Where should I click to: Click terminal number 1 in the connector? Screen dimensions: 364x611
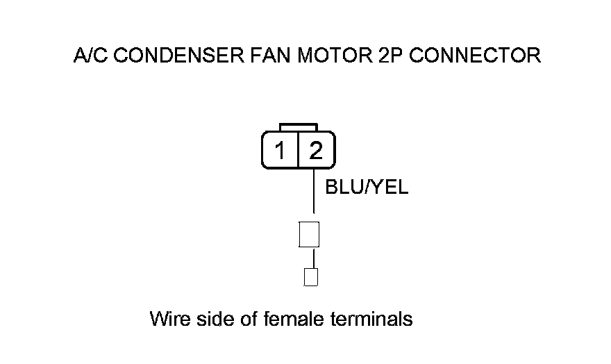pos(280,150)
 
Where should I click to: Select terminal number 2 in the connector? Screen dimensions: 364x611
pos(316,150)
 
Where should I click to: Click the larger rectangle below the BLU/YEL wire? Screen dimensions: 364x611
pos(308,235)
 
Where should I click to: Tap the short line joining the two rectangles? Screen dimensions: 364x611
pos(313,258)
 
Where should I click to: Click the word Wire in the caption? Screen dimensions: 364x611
pos(167,320)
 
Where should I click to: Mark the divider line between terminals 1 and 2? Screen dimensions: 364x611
pos(298,150)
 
